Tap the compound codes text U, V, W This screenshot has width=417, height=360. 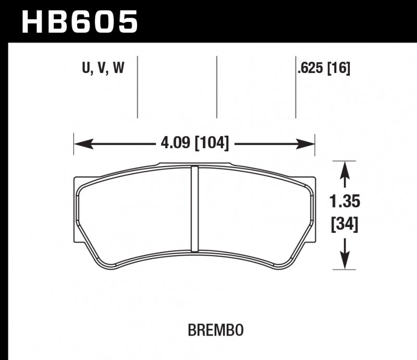click(103, 68)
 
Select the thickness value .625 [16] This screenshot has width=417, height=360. click(323, 68)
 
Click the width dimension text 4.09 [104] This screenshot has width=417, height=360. click(192, 142)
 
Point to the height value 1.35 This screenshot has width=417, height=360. click(344, 201)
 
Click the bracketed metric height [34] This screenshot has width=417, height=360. click(345, 226)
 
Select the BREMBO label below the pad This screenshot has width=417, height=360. click(216, 330)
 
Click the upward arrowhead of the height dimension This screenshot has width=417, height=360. click(344, 169)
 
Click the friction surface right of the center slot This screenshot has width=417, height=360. click(250, 214)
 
